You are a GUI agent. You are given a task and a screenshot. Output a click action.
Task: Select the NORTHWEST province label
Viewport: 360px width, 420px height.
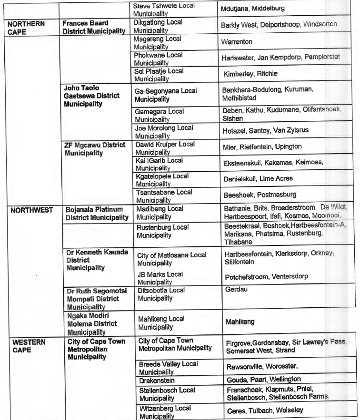[x=31, y=210]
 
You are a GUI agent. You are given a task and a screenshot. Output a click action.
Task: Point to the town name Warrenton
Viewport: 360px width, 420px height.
[x=237, y=42]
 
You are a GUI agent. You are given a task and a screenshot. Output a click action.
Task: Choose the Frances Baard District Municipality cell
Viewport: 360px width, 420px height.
[x=94, y=27]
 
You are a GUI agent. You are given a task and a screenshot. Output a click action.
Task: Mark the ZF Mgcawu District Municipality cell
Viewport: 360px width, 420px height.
[x=94, y=148]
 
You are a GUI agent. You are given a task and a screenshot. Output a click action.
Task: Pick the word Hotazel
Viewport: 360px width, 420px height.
[x=234, y=131]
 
